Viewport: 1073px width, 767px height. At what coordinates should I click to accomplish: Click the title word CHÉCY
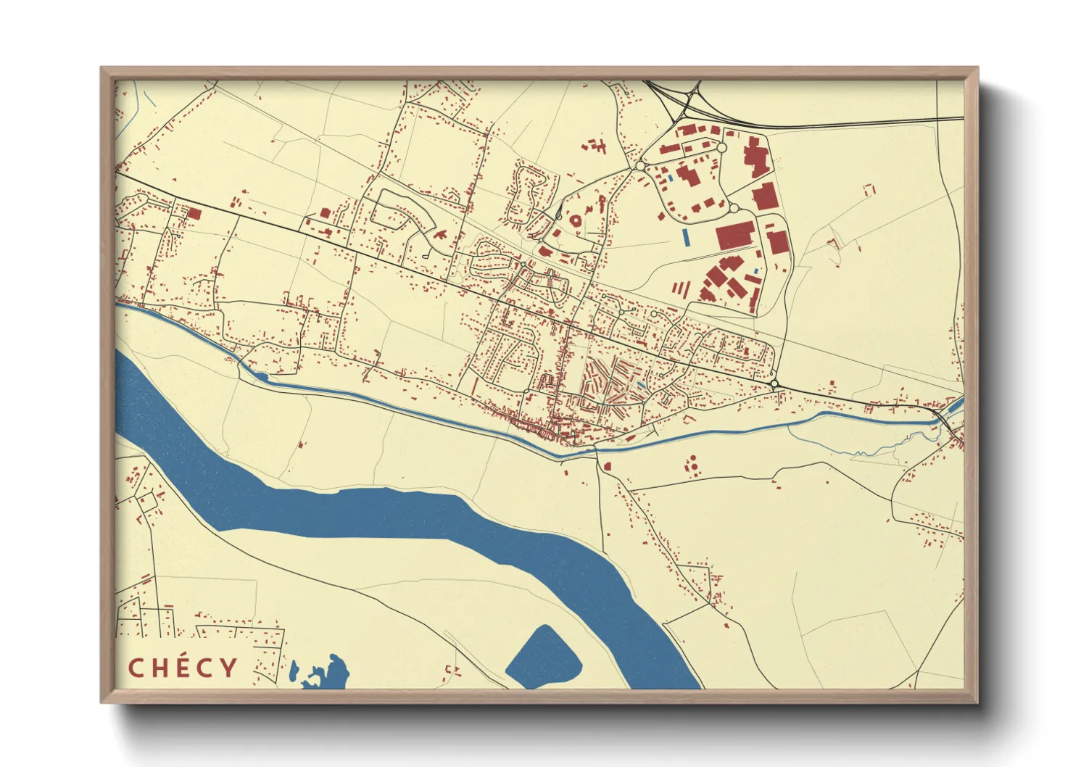(183, 668)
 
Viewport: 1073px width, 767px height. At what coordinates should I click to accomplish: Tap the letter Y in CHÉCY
(229, 668)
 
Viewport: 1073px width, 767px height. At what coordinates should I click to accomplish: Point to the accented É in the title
(183, 667)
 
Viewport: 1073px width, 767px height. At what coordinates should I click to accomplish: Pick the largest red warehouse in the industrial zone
(735, 236)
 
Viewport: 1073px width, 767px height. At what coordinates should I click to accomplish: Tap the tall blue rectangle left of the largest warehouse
(685, 236)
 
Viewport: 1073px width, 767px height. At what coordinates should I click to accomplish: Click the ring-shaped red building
(576, 219)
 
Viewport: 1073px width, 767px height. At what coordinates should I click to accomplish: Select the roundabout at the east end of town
(774, 383)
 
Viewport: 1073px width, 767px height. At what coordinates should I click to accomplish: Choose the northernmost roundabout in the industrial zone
(721, 147)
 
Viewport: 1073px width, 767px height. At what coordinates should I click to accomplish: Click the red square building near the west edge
(194, 213)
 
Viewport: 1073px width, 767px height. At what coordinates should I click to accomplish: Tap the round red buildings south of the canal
(692, 465)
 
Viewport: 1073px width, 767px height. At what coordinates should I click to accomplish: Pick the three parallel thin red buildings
(680, 289)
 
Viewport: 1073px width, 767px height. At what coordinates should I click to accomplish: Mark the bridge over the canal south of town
(597, 451)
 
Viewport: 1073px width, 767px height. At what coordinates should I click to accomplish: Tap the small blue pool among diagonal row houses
(641, 385)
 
